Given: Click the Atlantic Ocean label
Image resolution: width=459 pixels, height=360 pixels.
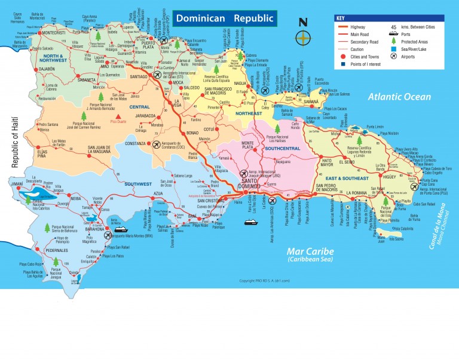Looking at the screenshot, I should coord(399,97).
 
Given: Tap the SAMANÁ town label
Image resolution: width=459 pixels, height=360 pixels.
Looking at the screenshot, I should coord(312,102).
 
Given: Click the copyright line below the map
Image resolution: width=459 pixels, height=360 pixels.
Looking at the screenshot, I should coord(264,281).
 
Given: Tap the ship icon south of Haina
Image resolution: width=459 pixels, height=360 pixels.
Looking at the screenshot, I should coord(249,222).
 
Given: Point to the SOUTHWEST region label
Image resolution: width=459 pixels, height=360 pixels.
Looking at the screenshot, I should coord(138,184).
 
